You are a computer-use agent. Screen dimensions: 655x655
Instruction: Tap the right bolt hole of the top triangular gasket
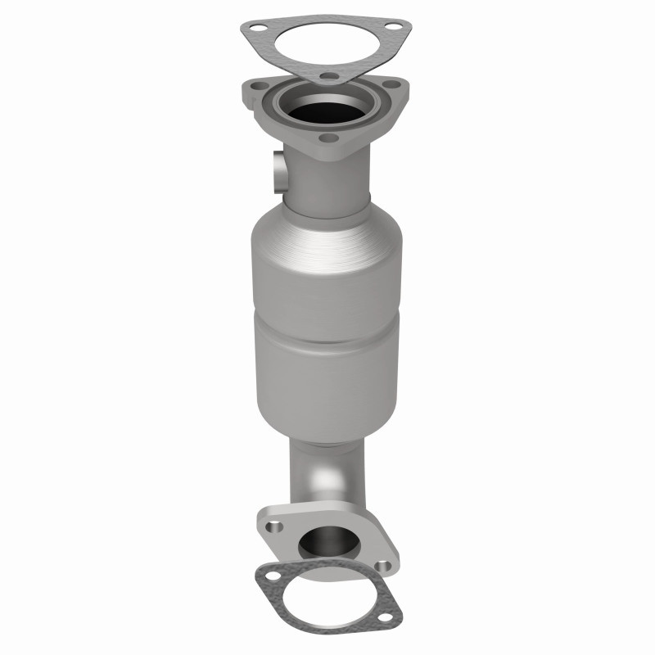(395, 33)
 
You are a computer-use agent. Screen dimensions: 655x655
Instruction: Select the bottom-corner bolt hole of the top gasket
(328, 79)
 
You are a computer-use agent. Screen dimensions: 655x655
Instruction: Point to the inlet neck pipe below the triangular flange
(327, 184)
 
